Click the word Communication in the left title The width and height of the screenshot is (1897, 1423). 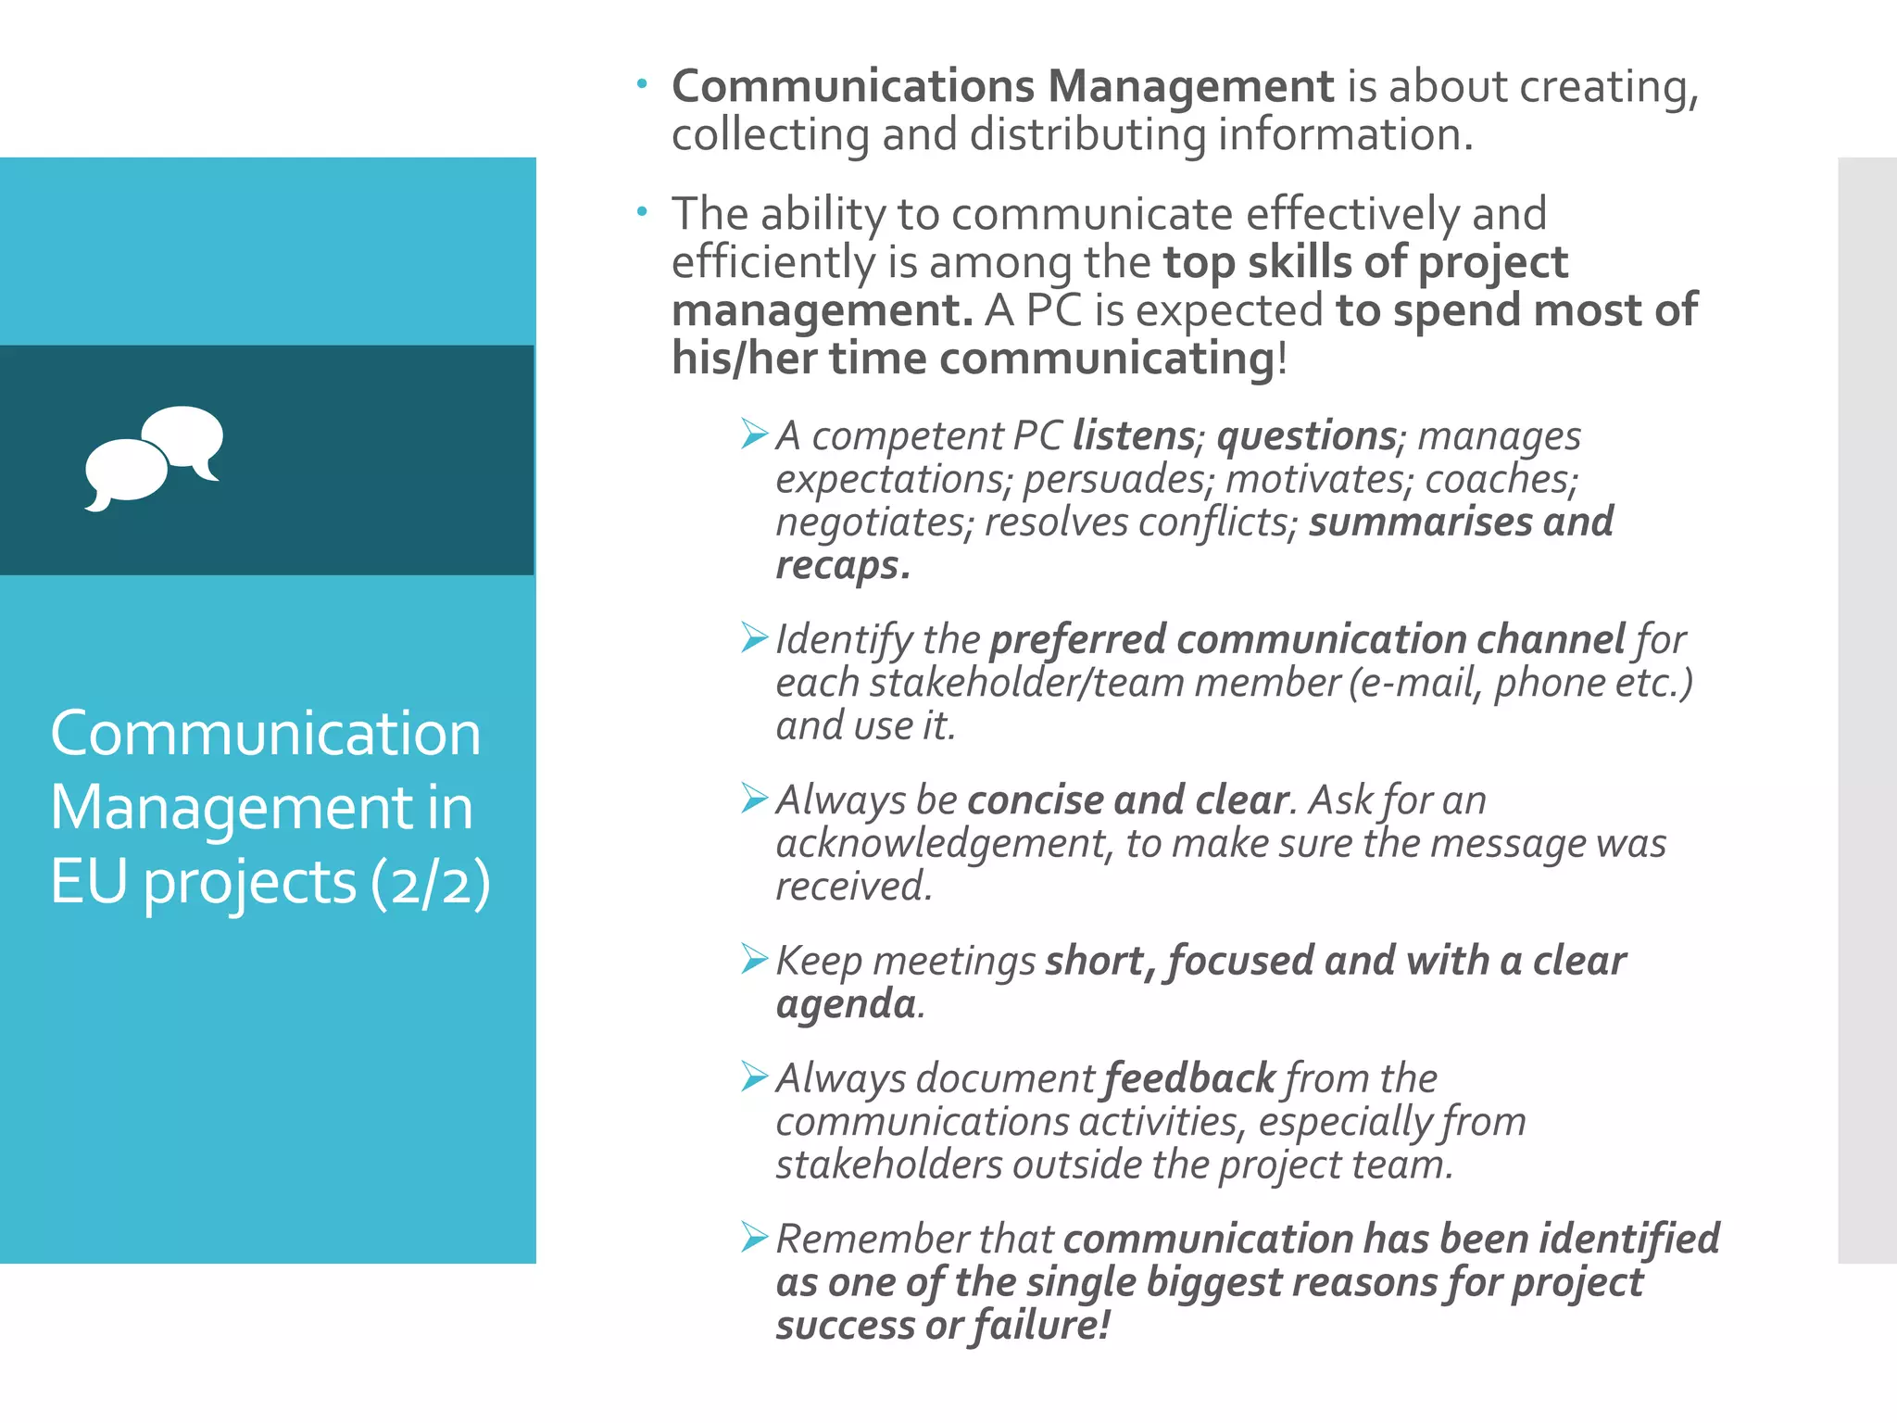pyautogui.click(x=266, y=734)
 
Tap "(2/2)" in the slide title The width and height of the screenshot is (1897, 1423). pyautogui.click(x=430, y=882)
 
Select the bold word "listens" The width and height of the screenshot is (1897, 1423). pyautogui.click(x=1134, y=435)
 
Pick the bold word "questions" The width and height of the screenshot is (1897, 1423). pyautogui.click(x=1307, y=435)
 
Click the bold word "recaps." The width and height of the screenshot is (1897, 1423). pyautogui.click(x=843, y=565)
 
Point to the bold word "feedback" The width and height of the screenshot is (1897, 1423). pyautogui.click(x=1190, y=1078)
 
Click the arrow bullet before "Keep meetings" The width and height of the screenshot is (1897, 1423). pyautogui.click(x=755, y=959)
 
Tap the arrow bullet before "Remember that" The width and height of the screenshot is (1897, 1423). pyautogui.click(x=755, y=1237)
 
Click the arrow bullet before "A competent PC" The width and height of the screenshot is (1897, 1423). pyautogui.click(x=755, y=433)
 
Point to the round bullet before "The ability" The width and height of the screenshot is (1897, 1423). pyautogui.click(x=642, y=212)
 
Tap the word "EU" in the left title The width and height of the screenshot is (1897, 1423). pyautogui.click(x=89, y=882)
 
